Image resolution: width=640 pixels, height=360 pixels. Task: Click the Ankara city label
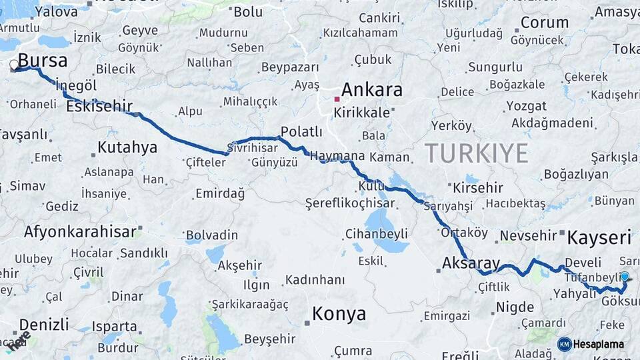click(x=372, y=90)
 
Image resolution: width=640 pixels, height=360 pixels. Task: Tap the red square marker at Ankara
click(x=337, y=99)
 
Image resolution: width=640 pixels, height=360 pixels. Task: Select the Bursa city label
click(x=43, y=61)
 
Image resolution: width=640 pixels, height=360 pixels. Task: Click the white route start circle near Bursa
click(x=14, y=65)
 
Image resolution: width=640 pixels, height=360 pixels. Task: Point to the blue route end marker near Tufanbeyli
click(x=625, y=276)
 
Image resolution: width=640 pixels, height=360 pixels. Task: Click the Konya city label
click(x=339, y=313)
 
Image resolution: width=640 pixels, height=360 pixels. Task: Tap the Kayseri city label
click(x=599, y=237)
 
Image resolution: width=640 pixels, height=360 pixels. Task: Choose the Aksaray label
click(x=471, y=263)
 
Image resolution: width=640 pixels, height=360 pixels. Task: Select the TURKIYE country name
click(x=477, y=153)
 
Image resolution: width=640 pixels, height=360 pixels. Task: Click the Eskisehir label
click(x=99, y=106)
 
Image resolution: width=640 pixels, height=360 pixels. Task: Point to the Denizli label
click(x=44, y=325)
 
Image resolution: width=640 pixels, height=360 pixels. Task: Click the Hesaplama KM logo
click(x=591, y=344)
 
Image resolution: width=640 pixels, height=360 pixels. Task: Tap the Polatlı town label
click(x=301, y=131)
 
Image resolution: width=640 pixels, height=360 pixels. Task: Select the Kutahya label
click(x=127, y=147)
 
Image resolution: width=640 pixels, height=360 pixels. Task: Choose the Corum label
click(x=544, y=22)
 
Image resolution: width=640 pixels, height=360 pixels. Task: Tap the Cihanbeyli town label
click(x=377, y=234)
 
